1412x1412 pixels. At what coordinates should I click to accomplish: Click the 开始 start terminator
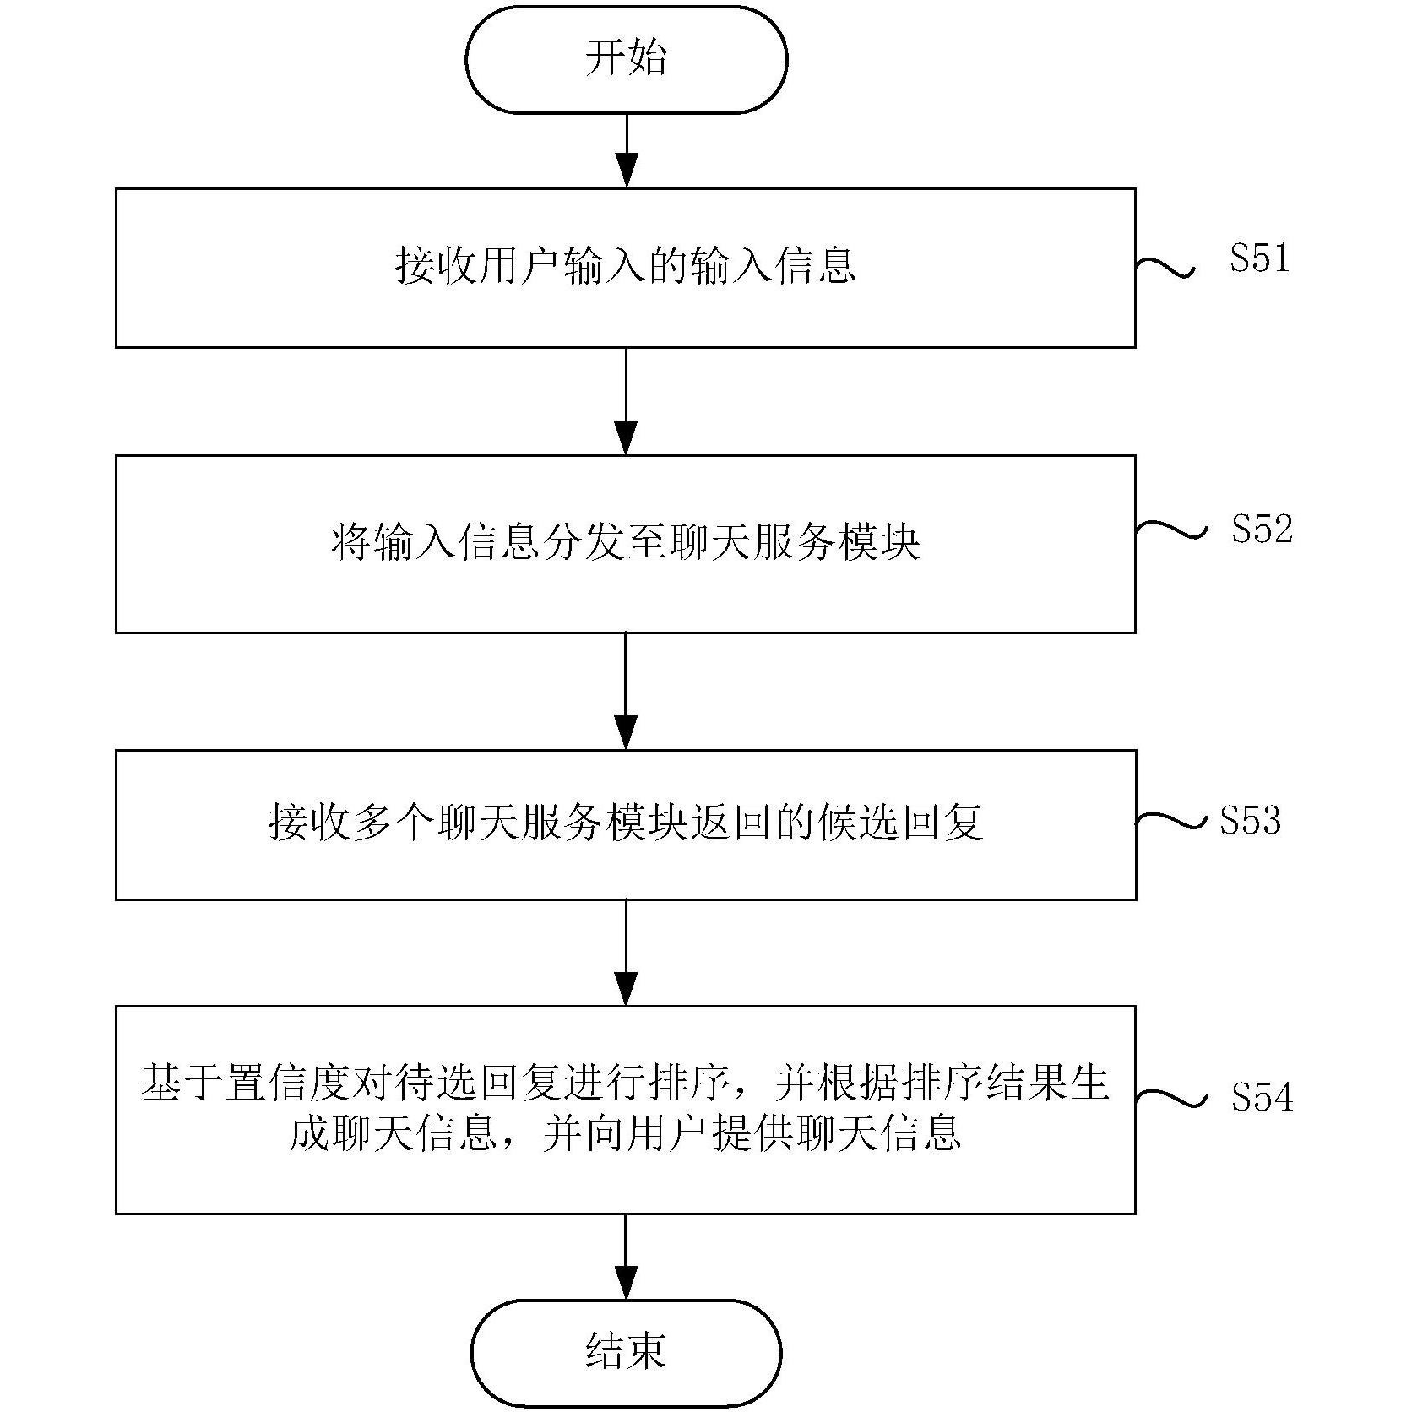[626, 59]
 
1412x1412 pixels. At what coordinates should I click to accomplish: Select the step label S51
[1259, 258]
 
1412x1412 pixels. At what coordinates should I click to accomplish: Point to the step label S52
[1262, 529]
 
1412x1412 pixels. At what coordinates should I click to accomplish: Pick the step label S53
[1250, 820]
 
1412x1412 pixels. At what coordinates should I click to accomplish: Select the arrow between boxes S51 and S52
[626, 401]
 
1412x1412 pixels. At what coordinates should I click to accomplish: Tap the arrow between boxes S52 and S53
[626, 691]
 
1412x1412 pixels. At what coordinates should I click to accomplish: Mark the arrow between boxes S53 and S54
[626, 953]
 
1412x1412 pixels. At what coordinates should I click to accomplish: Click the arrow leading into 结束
[626, 1257]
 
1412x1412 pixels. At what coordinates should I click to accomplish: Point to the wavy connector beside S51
[1165, 266]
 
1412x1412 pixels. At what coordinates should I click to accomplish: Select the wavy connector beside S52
[1170, 529]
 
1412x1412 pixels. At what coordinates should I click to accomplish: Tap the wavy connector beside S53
[1170, 820]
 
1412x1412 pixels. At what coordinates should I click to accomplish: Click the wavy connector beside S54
[1170, 1097]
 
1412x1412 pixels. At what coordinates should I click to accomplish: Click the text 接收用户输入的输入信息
[626, 266]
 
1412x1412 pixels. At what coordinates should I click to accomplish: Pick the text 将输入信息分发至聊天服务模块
[626, 542]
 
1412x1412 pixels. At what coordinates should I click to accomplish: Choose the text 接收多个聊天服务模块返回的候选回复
[626, 822]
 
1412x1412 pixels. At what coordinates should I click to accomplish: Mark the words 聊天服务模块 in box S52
[794, 542]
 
